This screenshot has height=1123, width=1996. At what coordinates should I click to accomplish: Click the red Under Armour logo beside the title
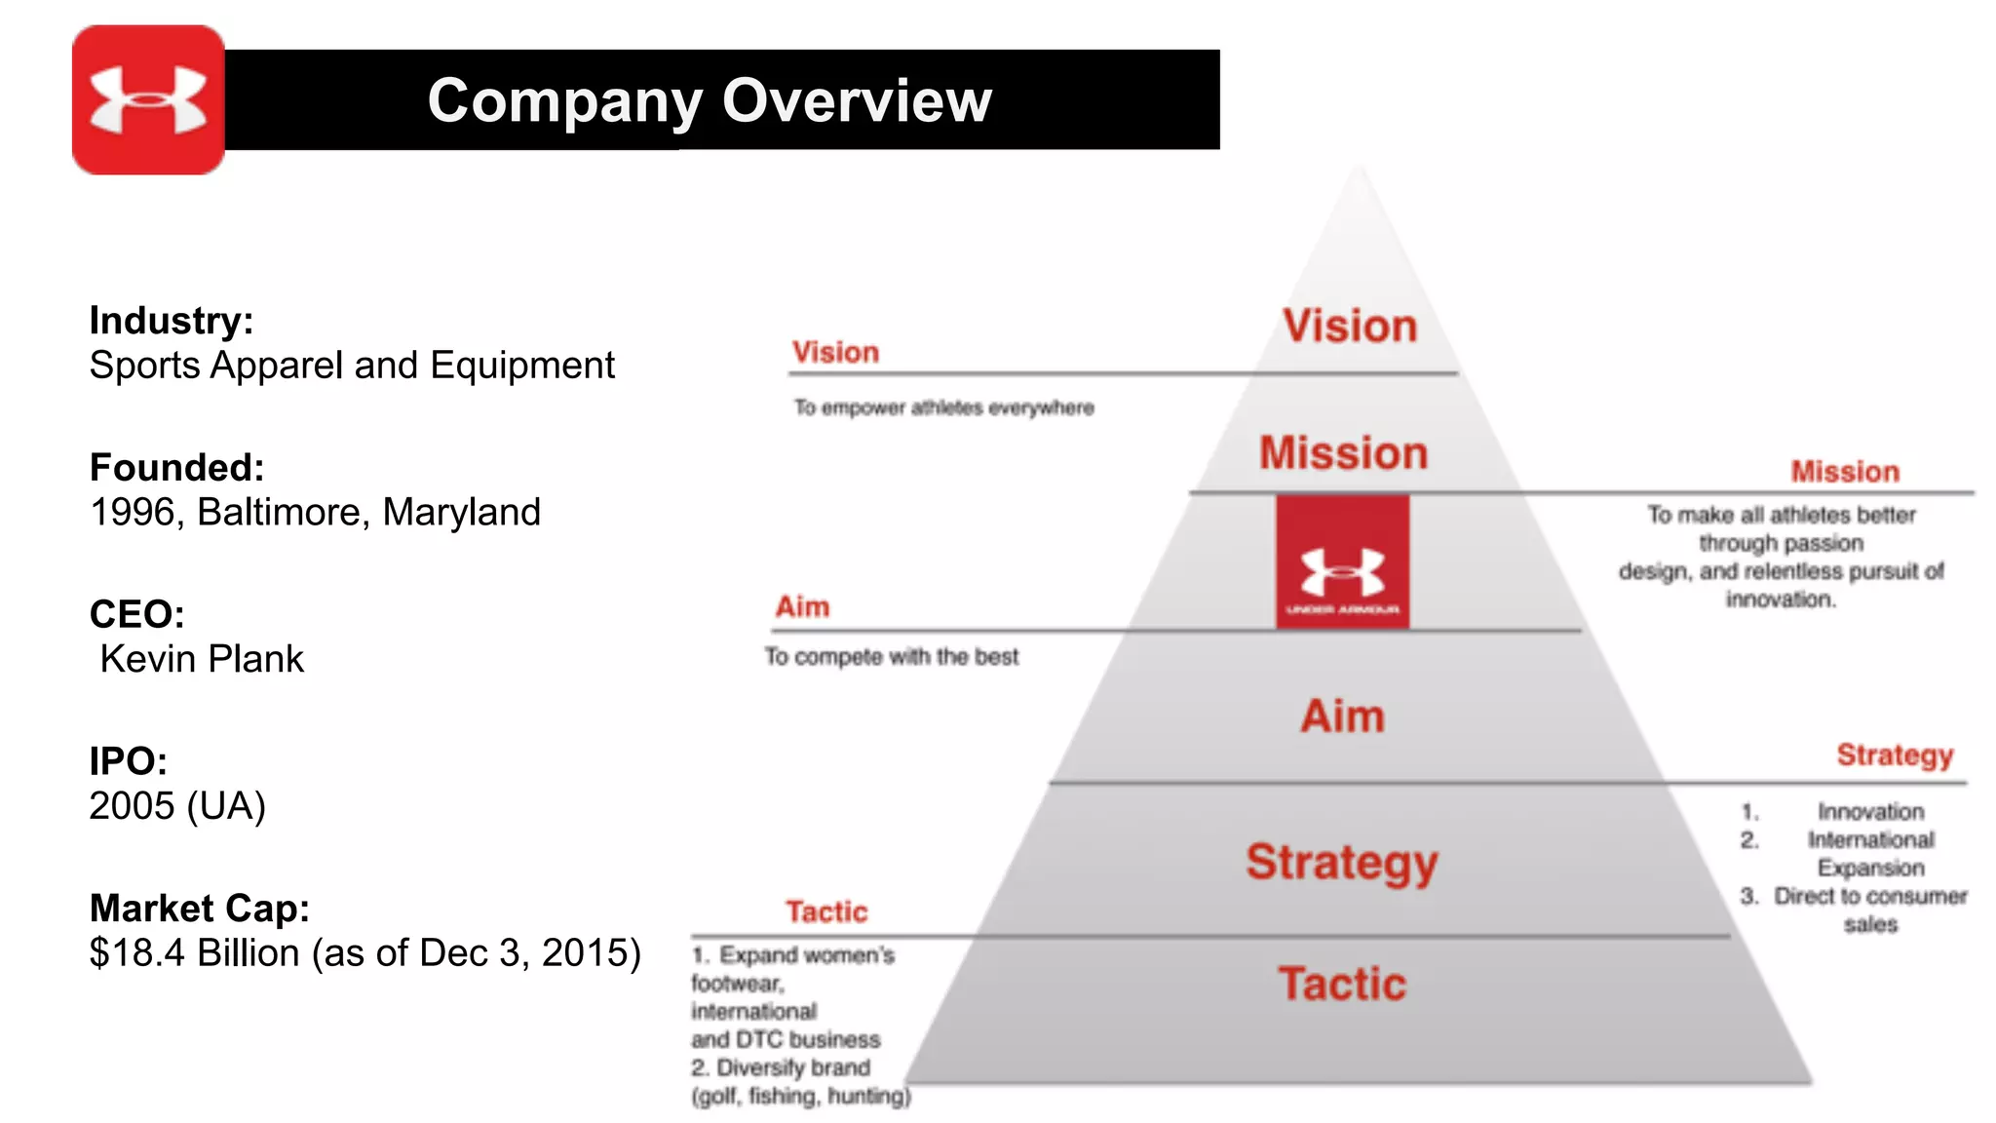pyautogui.click(x=148, y=100)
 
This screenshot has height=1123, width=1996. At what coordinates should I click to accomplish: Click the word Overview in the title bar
pyautogui.click(x=857, y=100)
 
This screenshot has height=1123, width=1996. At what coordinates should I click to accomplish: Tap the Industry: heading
pyautogui.click(x=172, y=321)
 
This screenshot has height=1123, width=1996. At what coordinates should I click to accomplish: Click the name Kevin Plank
pyautogui.click(x=202, y=660)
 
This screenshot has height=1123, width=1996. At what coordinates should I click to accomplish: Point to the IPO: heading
pyautogui.click(x=128, y=761)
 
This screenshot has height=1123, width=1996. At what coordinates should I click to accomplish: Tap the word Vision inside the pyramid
pyautogui.click(x=1350, y=327)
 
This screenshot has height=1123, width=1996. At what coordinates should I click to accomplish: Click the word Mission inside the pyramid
pyautogui.click(x=1343, y=453)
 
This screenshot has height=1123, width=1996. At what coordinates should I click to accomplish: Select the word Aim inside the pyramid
pyautogui.click(x=1343, y=716)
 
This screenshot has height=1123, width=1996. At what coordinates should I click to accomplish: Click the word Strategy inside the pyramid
pyautogui.click(x=1342, y=863)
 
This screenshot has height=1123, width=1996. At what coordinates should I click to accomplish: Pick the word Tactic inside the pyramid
pyautogui.click(x=1342, y=985)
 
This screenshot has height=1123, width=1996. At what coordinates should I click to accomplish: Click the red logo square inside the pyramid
pyautogui.click(x=1342, y=562)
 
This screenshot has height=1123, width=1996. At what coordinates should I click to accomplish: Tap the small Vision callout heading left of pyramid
pyautogui.click(x=835, y=353)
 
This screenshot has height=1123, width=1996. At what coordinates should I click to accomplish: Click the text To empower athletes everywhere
pyautogui.click(x=943, y=407)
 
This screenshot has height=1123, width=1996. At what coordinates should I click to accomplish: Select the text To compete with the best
pyautogui.click(x=891, y=657)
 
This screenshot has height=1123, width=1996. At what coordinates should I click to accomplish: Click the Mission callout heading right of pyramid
pyautogui.click(x=1845, y=472)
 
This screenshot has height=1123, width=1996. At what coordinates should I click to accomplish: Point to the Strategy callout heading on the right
pyautogui.click(x=1895, y=755)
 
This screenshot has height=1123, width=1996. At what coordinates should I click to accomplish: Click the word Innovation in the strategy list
pyautogui.click(x=1870, y=812)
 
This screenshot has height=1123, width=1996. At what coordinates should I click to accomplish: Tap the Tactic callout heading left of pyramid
pyautogui.click(x=826, y=912)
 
